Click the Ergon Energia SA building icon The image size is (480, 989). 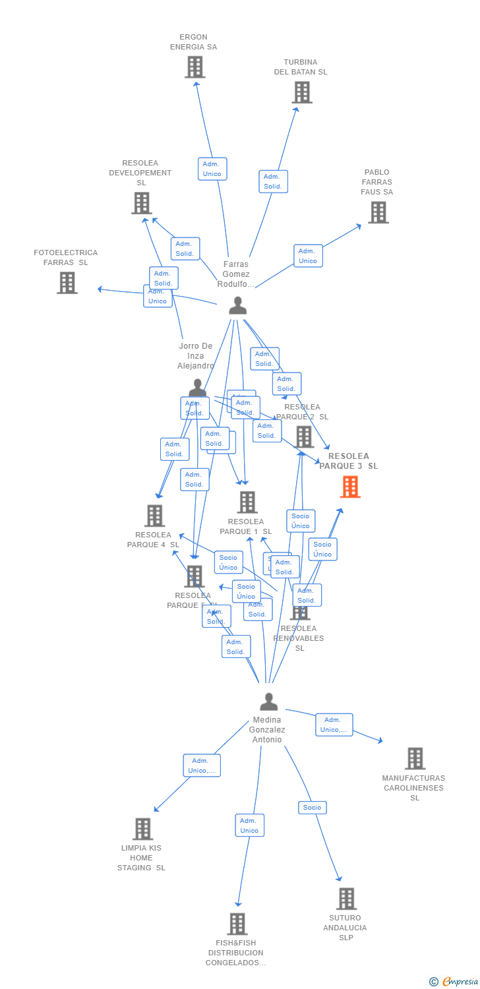point(195,67)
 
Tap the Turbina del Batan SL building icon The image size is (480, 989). point(301,92)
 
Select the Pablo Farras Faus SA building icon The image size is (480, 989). point(378,212)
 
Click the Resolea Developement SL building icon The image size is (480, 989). point(141,203)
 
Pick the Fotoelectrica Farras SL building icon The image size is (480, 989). point(67,282)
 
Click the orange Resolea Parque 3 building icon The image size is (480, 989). point(350,487)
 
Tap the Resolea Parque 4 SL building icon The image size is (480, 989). point(154,516)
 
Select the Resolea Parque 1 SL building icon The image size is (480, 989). point(247,502)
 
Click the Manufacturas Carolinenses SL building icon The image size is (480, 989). point(415,758)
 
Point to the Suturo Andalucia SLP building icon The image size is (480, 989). point(346,898)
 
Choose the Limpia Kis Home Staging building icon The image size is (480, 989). point(142,829)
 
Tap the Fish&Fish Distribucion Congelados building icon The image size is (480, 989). point(237,924)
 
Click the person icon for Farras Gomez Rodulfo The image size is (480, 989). point(237,305)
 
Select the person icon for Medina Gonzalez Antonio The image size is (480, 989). point(268,702)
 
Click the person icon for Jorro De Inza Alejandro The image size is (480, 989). point(197,388)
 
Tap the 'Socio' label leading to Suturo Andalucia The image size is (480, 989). point(312,808)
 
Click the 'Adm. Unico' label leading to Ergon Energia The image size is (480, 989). point(212,169)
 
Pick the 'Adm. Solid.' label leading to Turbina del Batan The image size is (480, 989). point(273,181)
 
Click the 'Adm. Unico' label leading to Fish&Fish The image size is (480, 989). point(249,825)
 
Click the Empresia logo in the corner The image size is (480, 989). point(456,982)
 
